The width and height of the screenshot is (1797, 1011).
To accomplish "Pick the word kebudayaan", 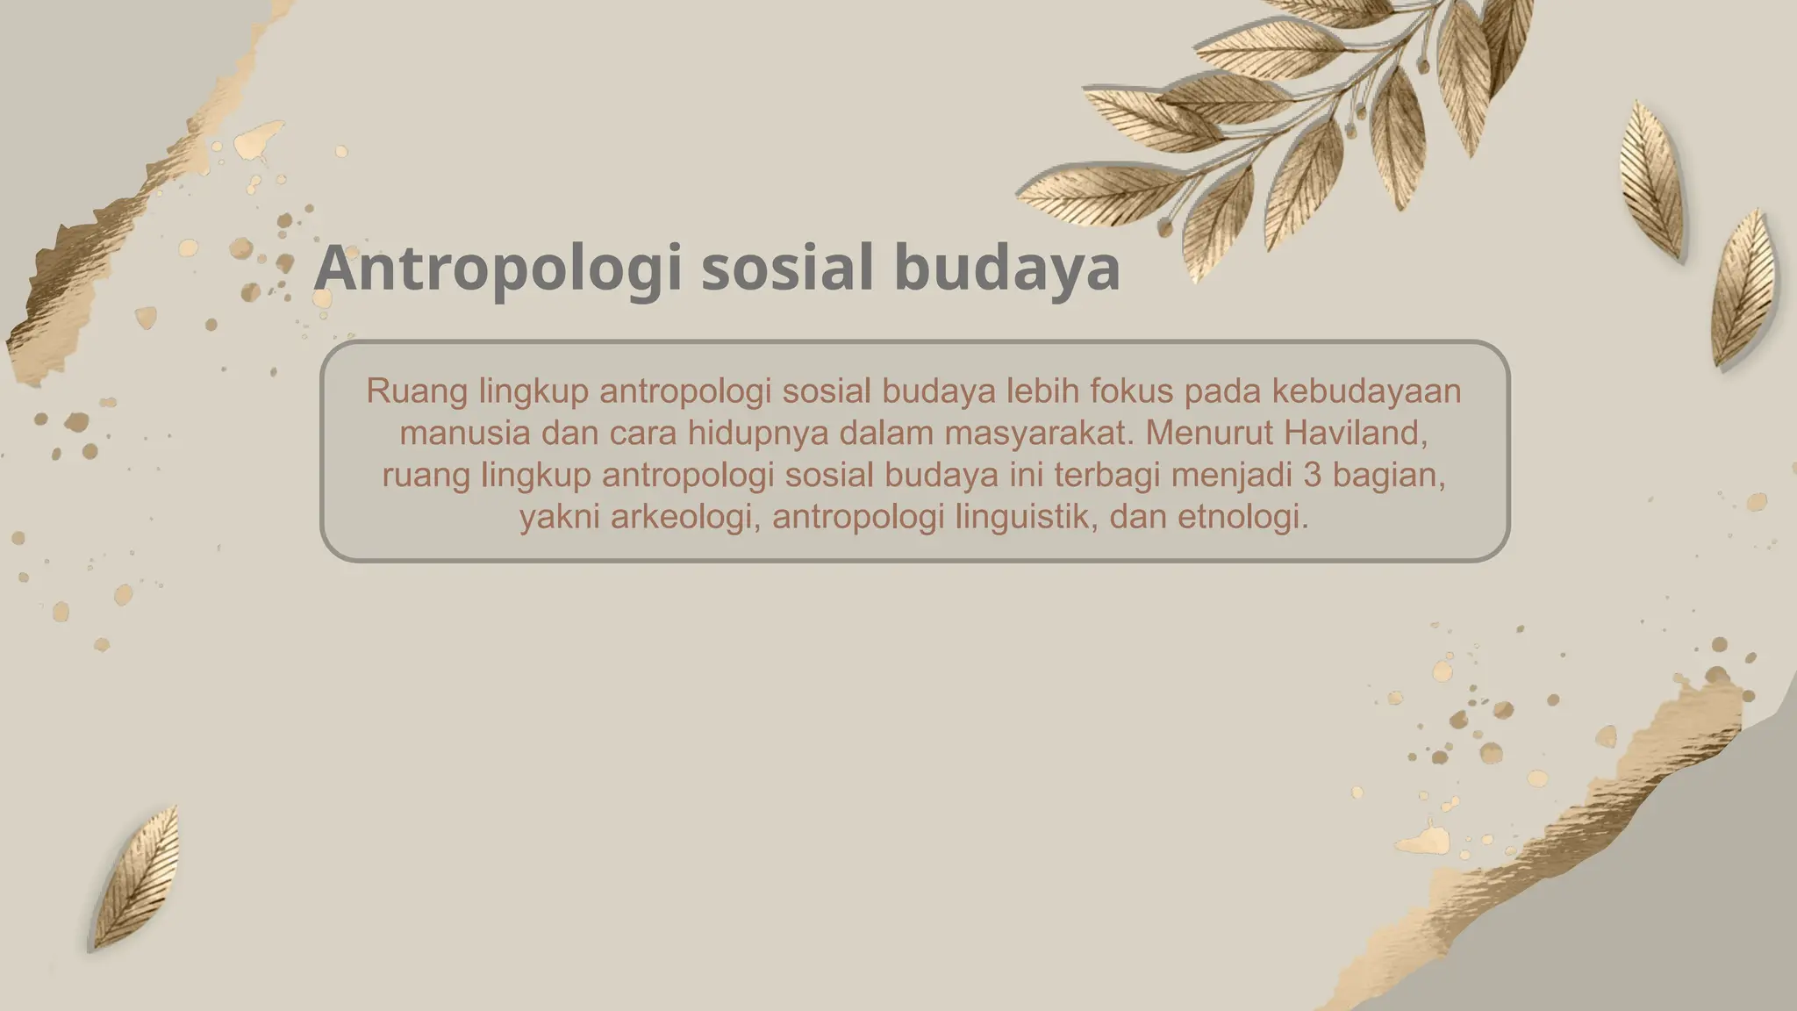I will point(1366,391).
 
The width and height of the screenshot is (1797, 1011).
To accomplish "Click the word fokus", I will point(1132,391).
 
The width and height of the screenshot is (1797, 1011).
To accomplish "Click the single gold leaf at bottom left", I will point(137,878).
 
